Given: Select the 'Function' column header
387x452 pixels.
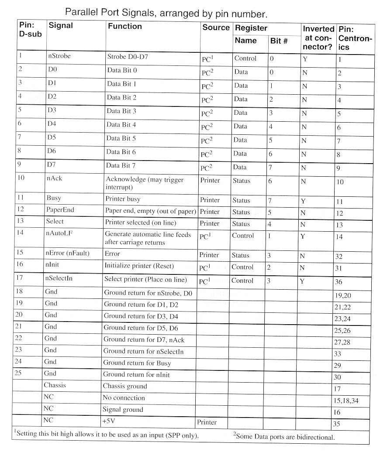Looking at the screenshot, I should point(125,27).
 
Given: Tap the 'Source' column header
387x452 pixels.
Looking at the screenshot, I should point(216,27).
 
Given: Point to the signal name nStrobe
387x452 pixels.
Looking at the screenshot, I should point(59,56).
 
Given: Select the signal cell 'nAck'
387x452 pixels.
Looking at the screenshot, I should point(54,180).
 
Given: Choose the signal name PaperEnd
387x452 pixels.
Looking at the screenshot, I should point(60,210).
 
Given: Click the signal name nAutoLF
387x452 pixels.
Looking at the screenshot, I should point(59,234).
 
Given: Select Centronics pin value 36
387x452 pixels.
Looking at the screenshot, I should point(339,282).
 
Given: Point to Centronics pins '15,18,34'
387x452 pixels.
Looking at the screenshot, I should point(349,400).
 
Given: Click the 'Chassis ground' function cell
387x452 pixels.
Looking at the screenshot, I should point(125,386).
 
